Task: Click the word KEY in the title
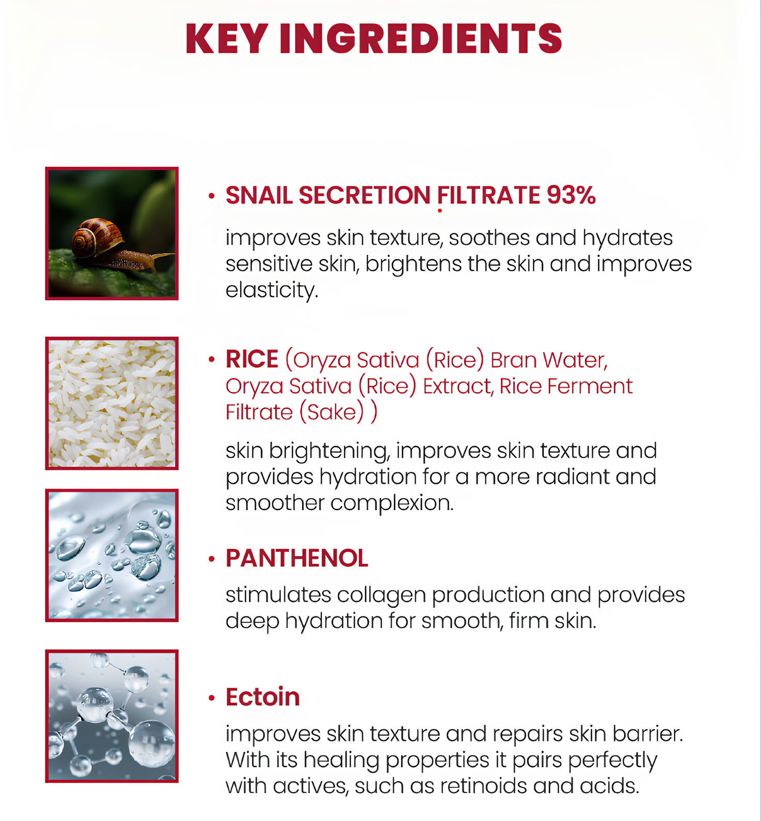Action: click(x=226, y=38)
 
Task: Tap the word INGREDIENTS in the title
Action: click(x=421, y=38)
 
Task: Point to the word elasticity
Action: click(x=272, y=290)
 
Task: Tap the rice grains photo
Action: click(x=112, y=403)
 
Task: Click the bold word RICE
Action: click(x=252, y=359)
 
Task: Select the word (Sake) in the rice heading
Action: click(x=332, y=412)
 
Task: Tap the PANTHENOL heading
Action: click(x=297, y=558)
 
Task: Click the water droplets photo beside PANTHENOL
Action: click(x=112, y=555)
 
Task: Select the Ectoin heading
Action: click(x=263, y=697)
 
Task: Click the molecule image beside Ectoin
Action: click(x=112, y=716)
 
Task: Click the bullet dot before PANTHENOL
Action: click(x=211, y=559)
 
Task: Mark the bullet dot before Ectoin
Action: click(x=211, y=698)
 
